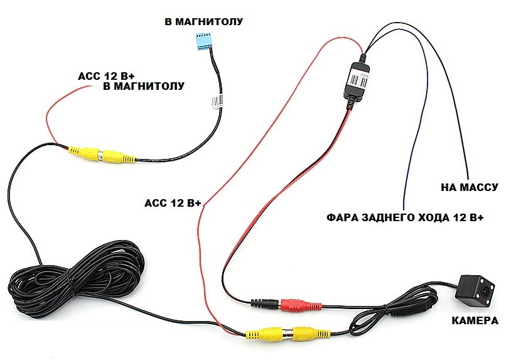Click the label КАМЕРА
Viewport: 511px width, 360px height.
(475, 321)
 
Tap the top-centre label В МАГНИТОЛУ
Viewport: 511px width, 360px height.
(203, 22)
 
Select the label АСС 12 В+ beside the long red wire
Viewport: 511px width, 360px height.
(173, 203)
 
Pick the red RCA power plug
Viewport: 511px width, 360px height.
(303, 306)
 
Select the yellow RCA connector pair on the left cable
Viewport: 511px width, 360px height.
(100, 155)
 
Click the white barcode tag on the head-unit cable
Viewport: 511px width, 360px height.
(217, 101)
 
